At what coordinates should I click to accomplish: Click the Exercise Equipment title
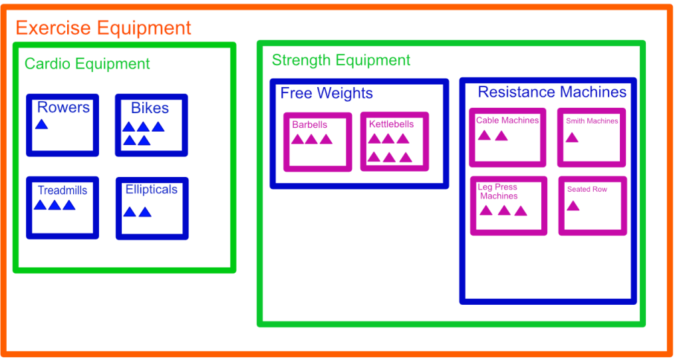[103, 28]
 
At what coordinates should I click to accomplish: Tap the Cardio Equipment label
[87, 64]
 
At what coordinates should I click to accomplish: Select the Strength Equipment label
[341, 61]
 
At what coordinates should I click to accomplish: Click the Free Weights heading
[327, 93]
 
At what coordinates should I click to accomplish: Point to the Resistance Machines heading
[552, 92]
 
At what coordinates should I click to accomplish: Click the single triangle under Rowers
[41, 124]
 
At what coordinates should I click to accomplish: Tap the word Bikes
[150, 108]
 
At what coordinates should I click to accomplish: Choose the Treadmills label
[62, 190]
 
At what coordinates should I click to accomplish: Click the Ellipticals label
[152, 190]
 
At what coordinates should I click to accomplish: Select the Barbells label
[309, 124]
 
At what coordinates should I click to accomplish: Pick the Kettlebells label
[391, 124]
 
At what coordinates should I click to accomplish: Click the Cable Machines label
[507, 120]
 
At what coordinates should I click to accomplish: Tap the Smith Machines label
[592, 121]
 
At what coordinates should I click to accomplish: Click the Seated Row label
[587, 189]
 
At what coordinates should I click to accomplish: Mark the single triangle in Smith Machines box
[571, 138]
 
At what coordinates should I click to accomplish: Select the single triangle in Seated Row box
[573, 206]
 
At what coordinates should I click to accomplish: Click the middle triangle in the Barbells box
[311, 139]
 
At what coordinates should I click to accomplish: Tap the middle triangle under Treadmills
[55, 205]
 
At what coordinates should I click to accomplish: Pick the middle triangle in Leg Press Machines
[503, 210]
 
